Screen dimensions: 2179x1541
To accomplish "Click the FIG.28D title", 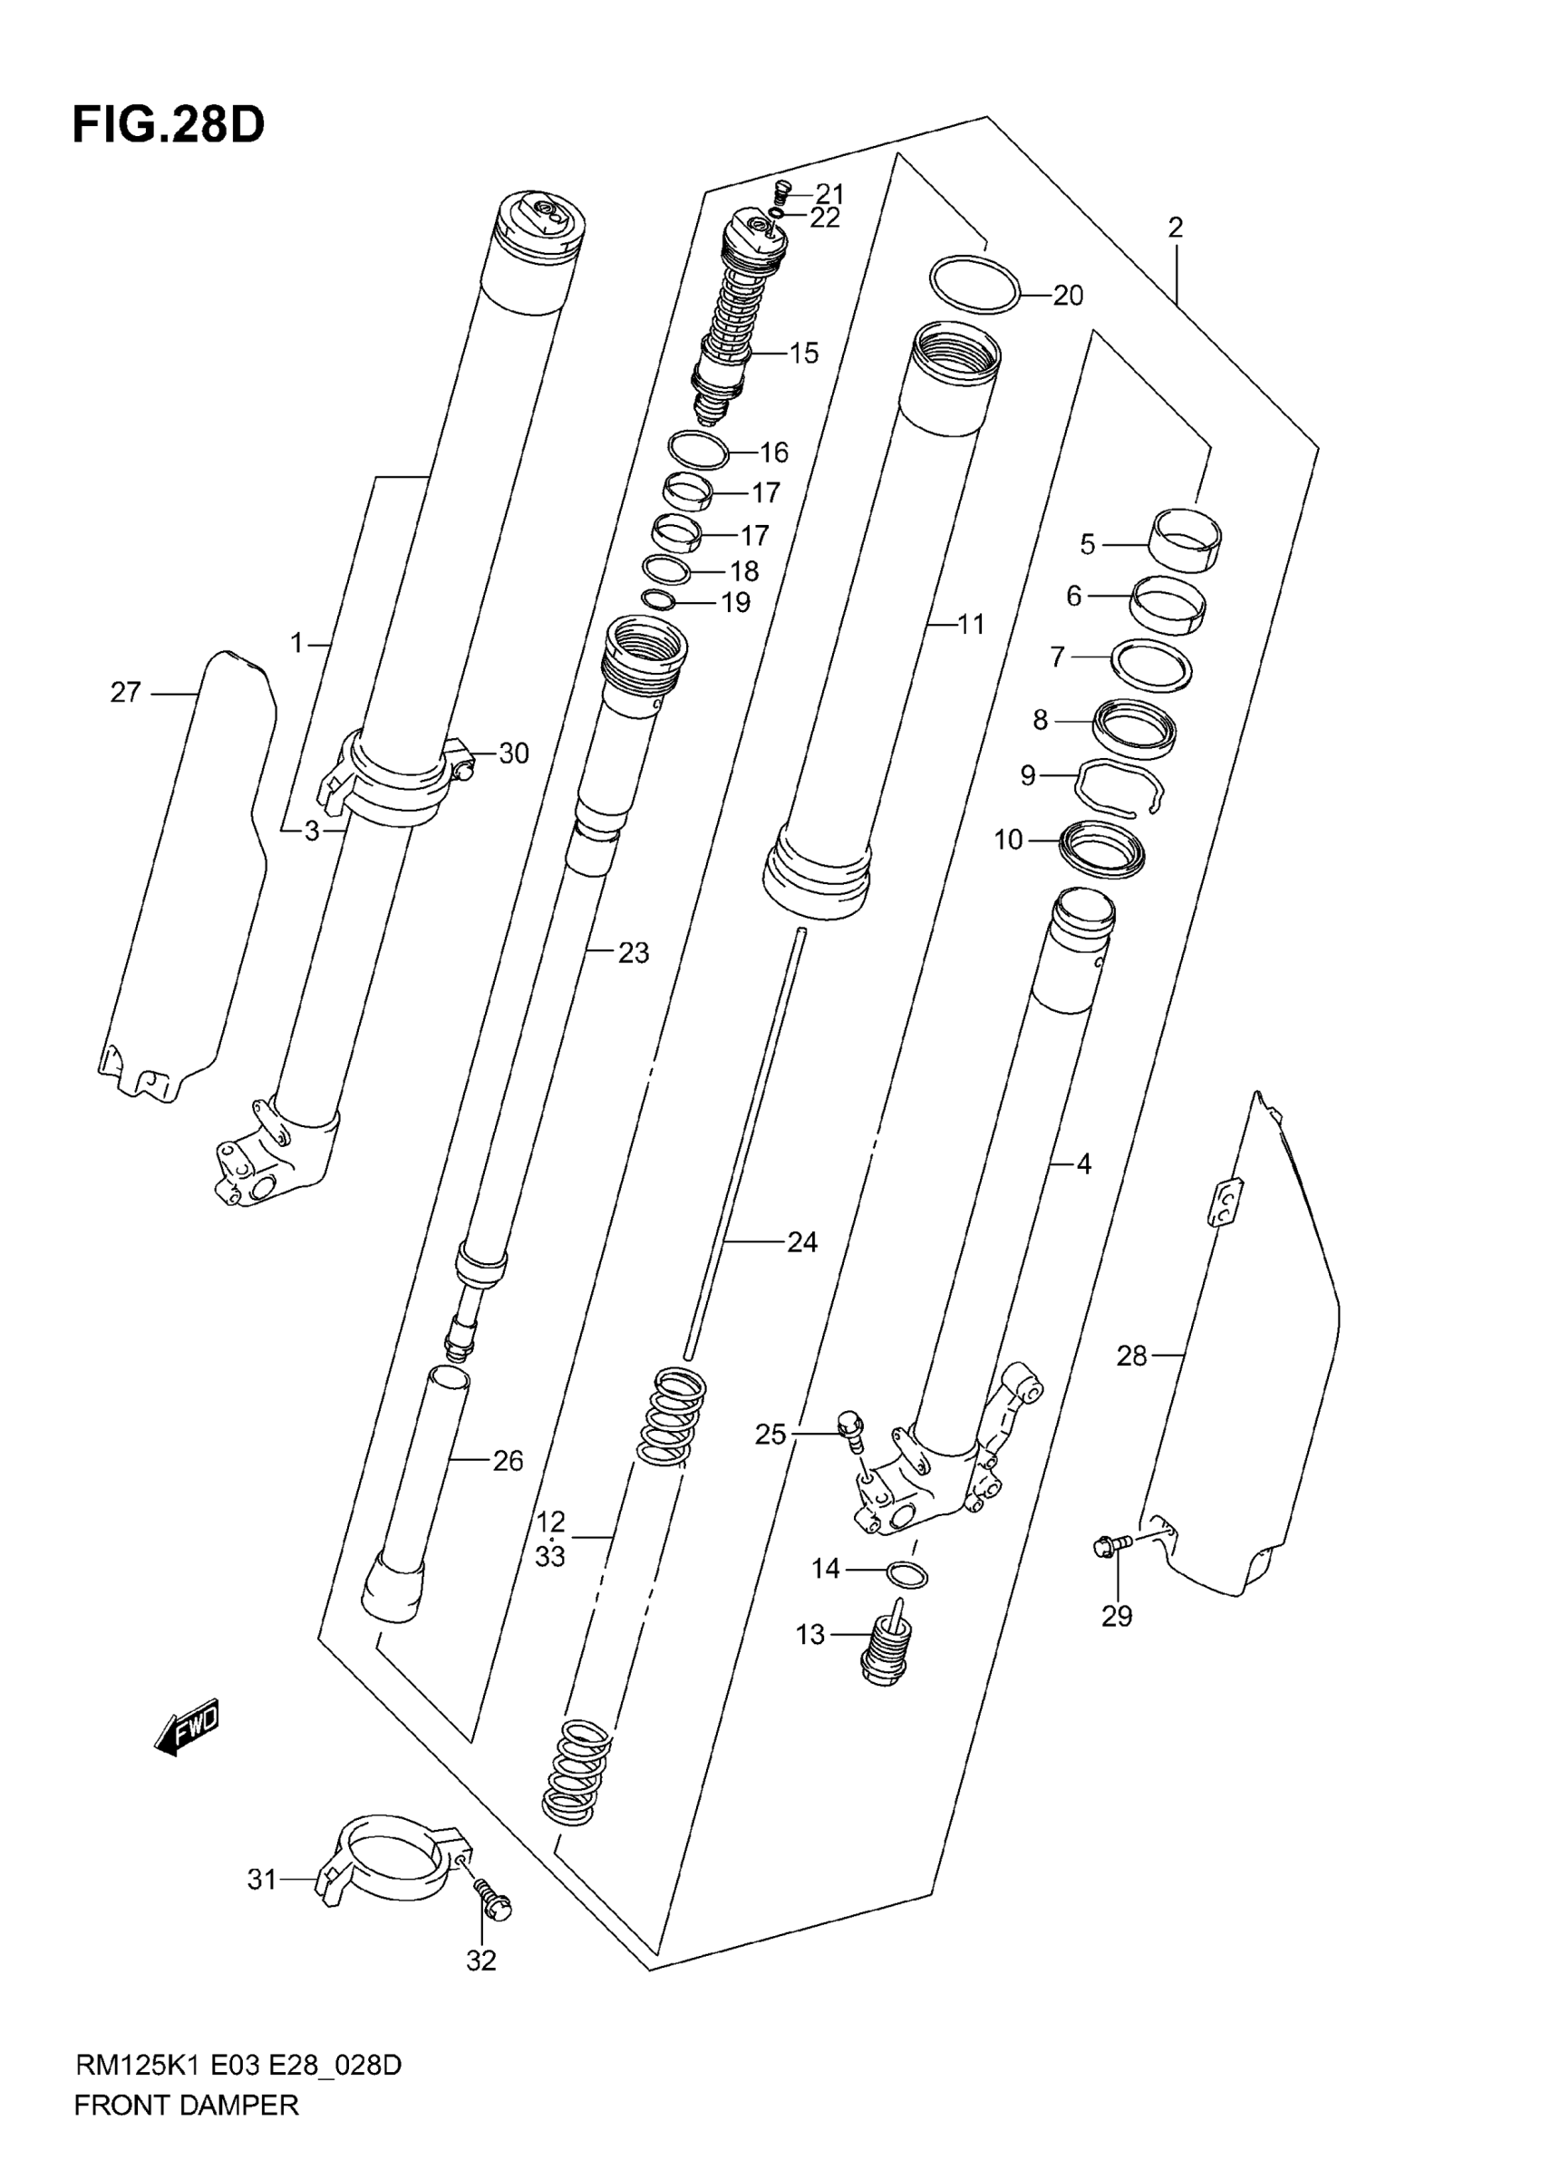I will pyautogui.click(x=168, y=125).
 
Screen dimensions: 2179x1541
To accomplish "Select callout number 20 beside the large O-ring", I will pyautogui.click(x=1068, y=297).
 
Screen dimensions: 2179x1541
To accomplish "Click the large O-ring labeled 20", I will pyautogui.click(x=974, y=283).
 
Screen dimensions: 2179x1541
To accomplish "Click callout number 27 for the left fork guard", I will pyautogui.click(x=125, y=693).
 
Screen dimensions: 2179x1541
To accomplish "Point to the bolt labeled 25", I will pyautogui.click(x=850, y=1429).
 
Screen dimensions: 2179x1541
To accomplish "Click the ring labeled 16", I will pyautogui.click(x=698, y=450).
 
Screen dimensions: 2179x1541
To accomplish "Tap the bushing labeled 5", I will pyautogui.click(x=1186, y=538).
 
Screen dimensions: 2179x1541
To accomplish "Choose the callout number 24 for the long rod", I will pyautogui.click(x=802, y=1242).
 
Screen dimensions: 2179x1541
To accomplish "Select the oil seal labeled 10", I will pyautogui.click(x=1101, y=848).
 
